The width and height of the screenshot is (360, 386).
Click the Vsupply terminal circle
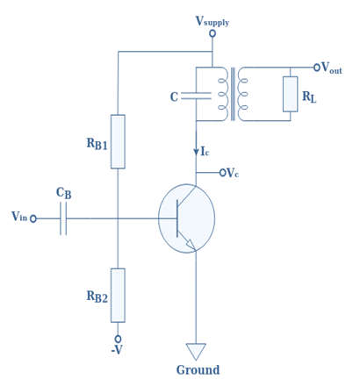point(212,33)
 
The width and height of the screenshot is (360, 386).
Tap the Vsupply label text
point(212,21)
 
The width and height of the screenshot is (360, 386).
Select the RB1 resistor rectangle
point(118,141)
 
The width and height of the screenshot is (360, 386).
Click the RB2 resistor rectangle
point(118,296)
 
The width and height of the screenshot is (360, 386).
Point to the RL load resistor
point(291,94)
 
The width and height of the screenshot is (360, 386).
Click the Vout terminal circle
point(317,68)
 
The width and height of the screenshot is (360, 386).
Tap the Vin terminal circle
point(33,218)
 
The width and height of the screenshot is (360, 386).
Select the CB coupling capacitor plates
point(63,218)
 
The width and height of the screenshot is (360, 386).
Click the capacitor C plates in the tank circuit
point(196,96)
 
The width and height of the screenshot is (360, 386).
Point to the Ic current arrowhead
point(196,152)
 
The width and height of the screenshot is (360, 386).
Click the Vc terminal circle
point(223,173)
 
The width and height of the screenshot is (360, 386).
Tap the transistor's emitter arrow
point(191,245)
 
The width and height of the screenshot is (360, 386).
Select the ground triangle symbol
point(196,351)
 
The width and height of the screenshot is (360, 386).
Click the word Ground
point(198,370)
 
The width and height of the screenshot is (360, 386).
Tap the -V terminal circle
point(118,339)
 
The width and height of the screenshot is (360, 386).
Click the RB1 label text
point(97,144)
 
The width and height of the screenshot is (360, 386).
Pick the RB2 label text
point(97,297)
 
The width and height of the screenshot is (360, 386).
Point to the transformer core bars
point(233,94)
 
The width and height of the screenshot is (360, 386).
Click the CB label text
point(63,193)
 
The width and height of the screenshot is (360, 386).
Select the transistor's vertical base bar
point(177,218)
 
